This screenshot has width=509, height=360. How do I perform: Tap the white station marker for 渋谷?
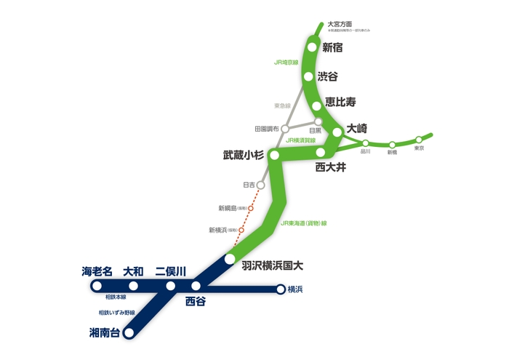[308, 76]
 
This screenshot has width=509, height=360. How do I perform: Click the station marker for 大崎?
[337, 132]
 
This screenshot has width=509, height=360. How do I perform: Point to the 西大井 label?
[331, 167]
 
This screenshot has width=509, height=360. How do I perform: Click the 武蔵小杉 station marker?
[274, 155]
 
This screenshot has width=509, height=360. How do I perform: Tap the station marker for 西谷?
[196, 286]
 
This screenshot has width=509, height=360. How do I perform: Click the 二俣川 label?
[171, 271]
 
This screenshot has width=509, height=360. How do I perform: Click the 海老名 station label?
[97, 271]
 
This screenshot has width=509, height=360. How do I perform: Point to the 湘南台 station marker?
[129, 334]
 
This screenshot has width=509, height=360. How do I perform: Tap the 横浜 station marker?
[280, 289]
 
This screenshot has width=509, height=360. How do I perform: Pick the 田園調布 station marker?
[285, 129]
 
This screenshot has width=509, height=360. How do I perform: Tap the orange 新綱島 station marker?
[251, 209]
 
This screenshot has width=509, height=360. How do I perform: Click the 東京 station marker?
[419, 139]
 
